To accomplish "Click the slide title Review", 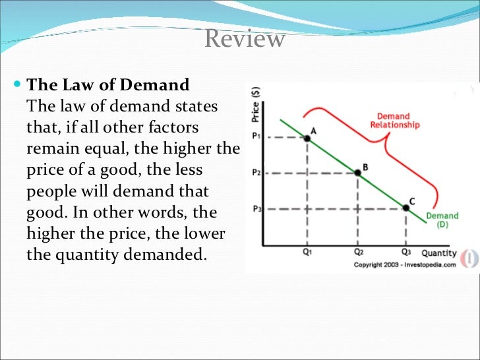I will click(x=245, y=39).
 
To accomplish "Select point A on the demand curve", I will click(x=307, y=138).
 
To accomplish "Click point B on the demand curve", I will click(x=358, y=173).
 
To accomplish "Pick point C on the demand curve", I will click(x=406, y=208).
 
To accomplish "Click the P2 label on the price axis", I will click(x=257, y=173).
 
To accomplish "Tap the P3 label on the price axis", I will click(x=257, y=208).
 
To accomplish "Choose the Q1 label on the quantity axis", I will click(x=308, y=252).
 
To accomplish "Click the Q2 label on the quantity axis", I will click(x=358, y=252).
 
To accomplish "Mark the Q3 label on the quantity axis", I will click(x=406, y=252).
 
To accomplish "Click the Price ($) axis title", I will click(x=256, y=106).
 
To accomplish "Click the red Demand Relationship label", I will click(x=394, y=121).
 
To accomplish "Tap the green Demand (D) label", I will click(x=442, y=220).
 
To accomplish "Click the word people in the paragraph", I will click(x=50, y=191).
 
